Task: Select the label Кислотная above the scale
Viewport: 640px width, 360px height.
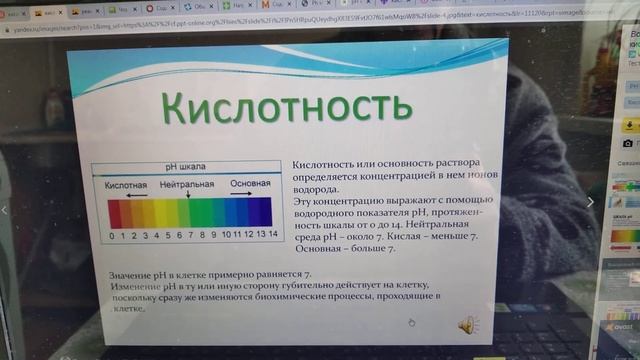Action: click(127, 185)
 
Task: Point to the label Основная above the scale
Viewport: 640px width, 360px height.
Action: click(250, 185)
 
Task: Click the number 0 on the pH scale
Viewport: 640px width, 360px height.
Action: click(112, 235)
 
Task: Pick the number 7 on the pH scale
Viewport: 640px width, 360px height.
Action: click(191, 235)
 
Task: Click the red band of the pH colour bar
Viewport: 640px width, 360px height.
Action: click(113, 213)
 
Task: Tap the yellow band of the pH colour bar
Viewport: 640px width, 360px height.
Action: click(158, 213)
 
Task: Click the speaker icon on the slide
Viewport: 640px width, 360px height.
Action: click(468, 324)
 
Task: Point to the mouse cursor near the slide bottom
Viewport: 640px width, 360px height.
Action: click(411, 322)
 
